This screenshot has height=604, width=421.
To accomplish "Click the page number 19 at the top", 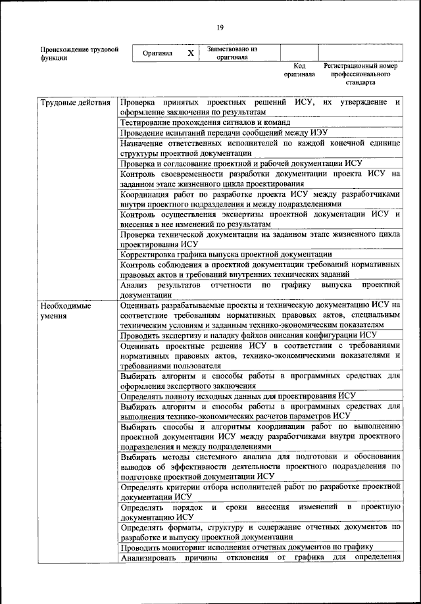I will (219, 27).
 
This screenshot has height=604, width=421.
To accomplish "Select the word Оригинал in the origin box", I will (157, 53).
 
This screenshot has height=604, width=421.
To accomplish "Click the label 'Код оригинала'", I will (299, 70).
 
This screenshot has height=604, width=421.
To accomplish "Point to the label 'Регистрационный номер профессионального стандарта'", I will (362, 75).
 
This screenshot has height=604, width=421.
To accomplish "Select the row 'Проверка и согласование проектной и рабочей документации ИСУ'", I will (241, 163).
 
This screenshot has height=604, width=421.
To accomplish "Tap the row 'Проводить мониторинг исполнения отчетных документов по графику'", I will (247, 547).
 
